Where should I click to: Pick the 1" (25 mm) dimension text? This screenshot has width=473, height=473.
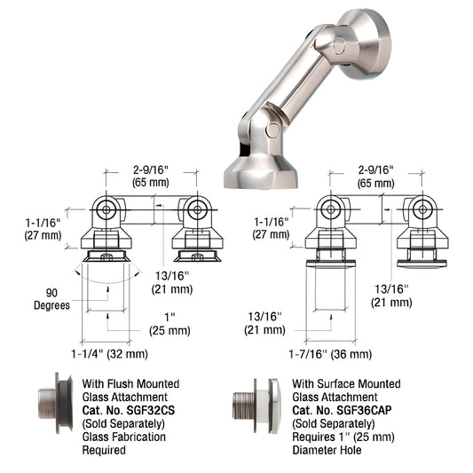(x=168, y=323)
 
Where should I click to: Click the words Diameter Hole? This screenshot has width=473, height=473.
(x=327, y=451)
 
